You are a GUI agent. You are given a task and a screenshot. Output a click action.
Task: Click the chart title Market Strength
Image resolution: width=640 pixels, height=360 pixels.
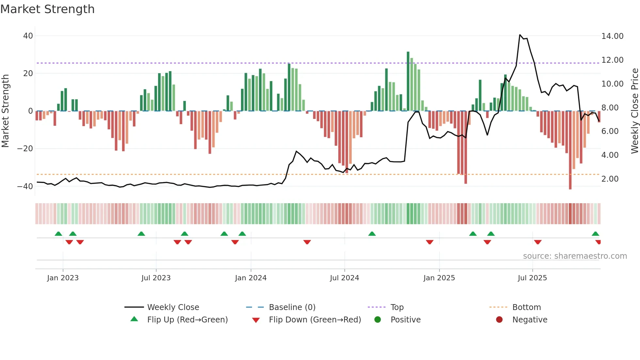pos(47,9)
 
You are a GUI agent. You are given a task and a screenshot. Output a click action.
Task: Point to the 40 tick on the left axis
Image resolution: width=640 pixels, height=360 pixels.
pos(28,36)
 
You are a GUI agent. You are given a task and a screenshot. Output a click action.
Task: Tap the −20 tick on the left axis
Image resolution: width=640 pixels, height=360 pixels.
pos(25,149)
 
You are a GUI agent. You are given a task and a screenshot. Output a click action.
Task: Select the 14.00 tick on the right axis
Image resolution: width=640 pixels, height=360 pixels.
pos(612,36)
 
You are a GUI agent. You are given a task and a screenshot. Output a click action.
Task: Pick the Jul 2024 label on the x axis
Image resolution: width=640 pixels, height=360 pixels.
pos(344,278)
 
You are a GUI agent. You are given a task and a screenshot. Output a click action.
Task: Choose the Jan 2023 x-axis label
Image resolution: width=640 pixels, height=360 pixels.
pos(63,278)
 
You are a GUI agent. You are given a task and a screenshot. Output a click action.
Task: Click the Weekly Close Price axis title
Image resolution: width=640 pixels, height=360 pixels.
pos(634,111)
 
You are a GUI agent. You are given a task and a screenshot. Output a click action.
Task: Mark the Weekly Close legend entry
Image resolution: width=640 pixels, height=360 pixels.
pos(173,307)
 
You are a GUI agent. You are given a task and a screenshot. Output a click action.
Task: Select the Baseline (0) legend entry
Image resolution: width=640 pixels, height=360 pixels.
pos(292,307)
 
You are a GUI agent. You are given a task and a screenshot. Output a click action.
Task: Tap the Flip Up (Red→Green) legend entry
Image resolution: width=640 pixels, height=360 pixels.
pos(187,320)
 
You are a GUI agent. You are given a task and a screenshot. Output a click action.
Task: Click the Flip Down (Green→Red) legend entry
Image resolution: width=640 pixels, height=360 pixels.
pos(315,320)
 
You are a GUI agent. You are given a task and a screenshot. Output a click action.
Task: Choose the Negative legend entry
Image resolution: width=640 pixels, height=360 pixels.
pos(529,320)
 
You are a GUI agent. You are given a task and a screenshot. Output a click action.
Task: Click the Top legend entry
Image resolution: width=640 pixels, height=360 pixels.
pos(397,307)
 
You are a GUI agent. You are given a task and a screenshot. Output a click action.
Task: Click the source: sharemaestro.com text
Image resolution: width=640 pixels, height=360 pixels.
pos(575,256)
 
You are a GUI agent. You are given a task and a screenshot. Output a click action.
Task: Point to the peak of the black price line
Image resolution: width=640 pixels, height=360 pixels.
pos(520,35)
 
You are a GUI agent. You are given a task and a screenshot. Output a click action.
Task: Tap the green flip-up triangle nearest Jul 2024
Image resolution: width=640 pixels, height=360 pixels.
pos(372,234)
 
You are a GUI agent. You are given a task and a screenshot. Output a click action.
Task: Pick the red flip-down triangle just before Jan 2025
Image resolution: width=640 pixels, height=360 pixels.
pos(430,242)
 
